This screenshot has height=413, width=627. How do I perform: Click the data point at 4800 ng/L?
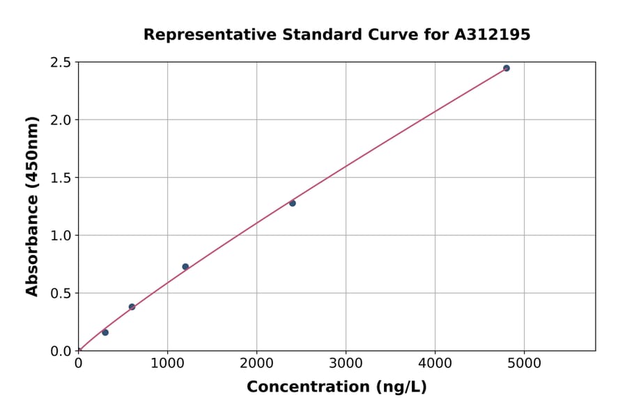(506, 68)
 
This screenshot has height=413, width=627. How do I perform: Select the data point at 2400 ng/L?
(293, 203)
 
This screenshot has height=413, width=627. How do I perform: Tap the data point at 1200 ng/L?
(185, 266)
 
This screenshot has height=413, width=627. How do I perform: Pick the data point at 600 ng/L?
(132, 307)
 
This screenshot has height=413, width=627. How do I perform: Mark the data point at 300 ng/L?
(105, 332)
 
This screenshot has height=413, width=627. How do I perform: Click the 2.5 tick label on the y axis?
(61, 63)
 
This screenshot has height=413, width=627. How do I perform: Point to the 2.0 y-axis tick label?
(61, 120)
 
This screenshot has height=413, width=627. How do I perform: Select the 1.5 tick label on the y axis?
(61, 178)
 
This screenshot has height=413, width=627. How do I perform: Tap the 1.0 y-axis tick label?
(61, 236)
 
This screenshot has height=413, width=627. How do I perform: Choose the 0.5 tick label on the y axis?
(61, 293)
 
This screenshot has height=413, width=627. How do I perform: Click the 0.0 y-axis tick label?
(61, 351)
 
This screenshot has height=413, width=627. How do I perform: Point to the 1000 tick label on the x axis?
(167, 363)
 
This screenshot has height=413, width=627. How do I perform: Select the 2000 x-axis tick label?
(256, 363)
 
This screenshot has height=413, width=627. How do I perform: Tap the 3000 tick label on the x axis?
(346, 363)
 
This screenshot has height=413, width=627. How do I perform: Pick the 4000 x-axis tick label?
(435, 363)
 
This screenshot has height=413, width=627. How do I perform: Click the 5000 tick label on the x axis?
(525, 363)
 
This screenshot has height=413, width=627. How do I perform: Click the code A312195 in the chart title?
(493, 34)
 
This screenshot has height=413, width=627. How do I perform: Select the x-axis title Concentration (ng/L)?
(336, 387)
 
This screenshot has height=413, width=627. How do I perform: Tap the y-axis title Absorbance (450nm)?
(32, 206)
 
